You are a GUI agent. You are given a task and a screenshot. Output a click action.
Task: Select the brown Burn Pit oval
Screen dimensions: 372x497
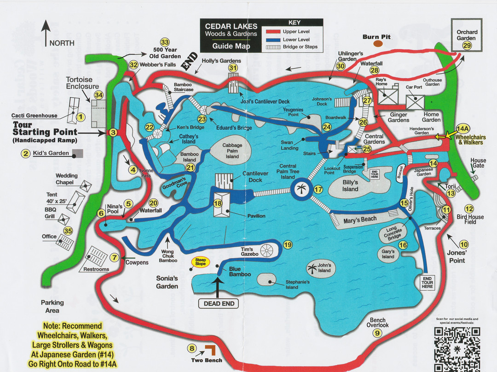click(x=378, y=44)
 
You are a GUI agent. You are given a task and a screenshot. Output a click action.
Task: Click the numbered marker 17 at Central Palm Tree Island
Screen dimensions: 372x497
click(x=318, y=189)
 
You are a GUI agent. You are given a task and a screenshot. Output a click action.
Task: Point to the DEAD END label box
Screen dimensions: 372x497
click(x=219, y=303)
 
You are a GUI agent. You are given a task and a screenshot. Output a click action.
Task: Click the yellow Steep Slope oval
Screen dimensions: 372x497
click(x=201, y=262)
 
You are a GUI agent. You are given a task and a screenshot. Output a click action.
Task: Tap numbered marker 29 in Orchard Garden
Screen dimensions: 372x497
click(x=467, y=45)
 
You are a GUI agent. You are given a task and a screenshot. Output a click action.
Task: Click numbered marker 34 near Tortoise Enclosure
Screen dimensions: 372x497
click(x=98, y=95)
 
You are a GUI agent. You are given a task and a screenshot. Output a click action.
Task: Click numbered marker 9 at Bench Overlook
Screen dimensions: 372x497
click(x=377, y=333)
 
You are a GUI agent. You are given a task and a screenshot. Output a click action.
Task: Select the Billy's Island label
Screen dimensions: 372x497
click(x=350, y=186)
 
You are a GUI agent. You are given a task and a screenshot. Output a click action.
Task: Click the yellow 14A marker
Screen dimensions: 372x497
click(x=462, y=129)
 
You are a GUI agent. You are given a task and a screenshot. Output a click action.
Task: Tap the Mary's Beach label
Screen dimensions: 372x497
click(x=360, y=219)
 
